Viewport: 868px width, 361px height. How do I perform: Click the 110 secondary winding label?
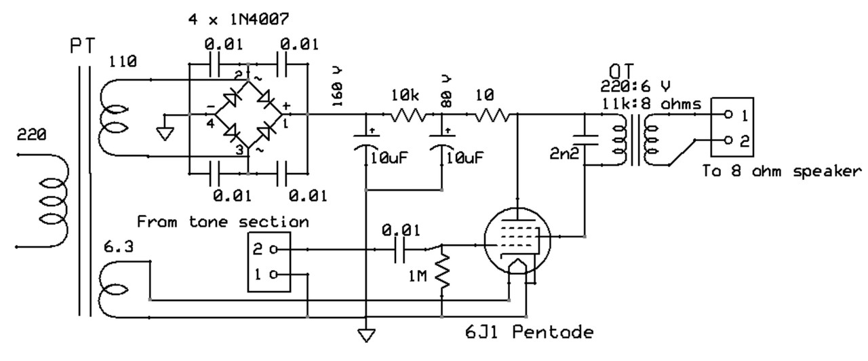[123, 62]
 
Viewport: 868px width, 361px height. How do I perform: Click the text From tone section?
[223, 222]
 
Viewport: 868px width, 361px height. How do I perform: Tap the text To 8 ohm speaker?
[783, 171]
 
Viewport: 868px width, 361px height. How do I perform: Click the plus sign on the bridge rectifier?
[286, 107]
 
